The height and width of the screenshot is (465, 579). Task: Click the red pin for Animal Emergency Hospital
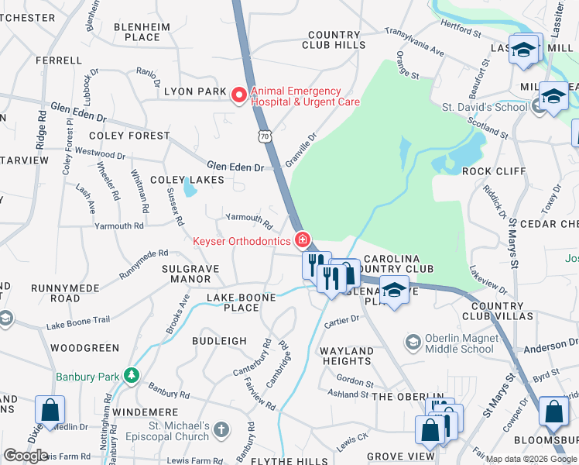pos(239,95)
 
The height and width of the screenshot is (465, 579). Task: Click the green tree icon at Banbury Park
pos(132,377)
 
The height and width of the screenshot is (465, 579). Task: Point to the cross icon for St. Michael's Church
pos(221,429)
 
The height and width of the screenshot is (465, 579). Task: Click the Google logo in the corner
pos(26,456)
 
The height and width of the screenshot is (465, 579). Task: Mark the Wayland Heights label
pos(347,356)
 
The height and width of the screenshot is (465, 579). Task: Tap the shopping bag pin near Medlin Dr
pos(50,411)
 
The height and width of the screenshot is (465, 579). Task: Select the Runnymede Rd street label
pos(143,263)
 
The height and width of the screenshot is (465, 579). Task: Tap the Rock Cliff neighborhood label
pos(493,171)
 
